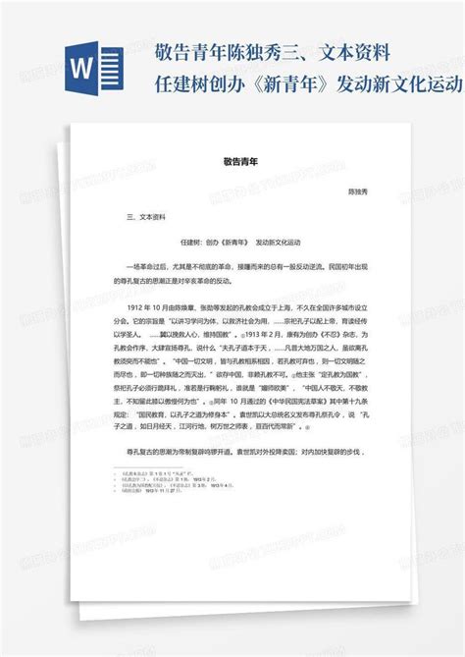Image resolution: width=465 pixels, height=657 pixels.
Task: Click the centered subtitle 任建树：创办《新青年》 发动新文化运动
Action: click(x=240, y=242)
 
